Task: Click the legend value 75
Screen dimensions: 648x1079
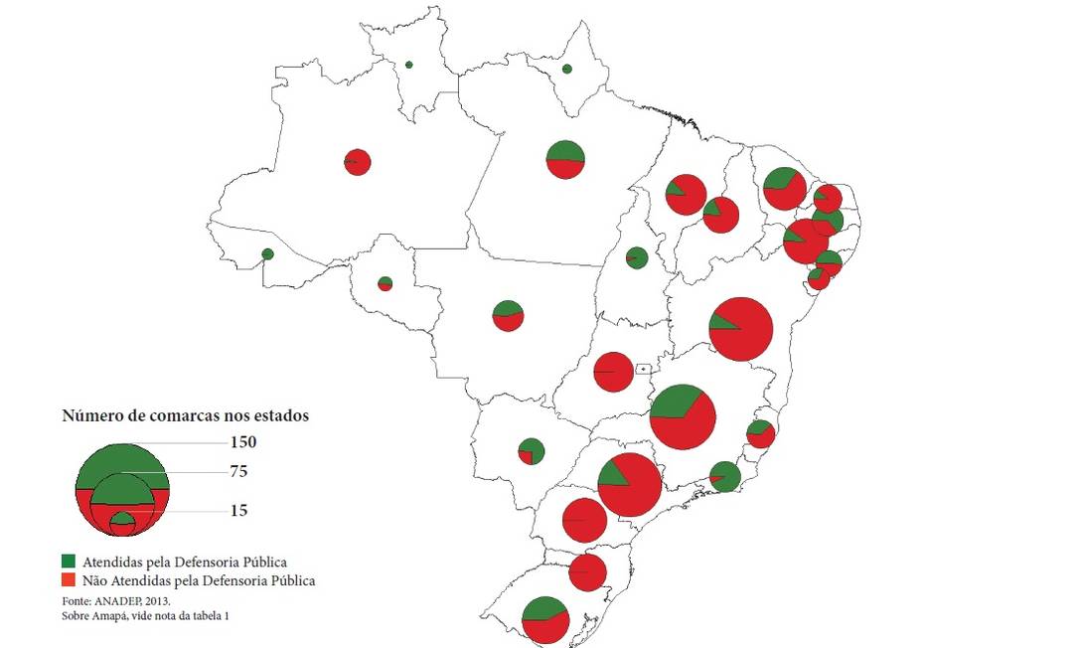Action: point(237,472)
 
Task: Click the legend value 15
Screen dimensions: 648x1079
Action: point(237,511)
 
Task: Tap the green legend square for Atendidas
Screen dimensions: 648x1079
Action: point(68,562)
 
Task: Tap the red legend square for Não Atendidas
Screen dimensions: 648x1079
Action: point(68,579)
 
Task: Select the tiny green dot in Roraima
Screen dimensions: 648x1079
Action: point(408,66)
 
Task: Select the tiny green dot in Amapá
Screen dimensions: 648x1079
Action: point(566,69)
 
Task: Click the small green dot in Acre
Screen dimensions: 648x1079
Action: point(267,254)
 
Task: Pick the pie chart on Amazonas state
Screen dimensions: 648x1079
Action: point(358,162)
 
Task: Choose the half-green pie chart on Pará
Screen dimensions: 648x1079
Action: point(564,159)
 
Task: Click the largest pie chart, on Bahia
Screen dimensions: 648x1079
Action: point(741,329)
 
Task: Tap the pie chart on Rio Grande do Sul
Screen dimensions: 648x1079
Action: point(544,620)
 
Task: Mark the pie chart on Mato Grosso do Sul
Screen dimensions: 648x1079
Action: point(531,451)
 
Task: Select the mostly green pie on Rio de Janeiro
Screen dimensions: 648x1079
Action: point(724,477)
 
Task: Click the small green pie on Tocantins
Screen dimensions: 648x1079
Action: point(637,258)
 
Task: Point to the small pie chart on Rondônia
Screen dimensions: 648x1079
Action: point(385,284)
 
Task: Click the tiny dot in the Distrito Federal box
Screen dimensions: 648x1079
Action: point(644,368)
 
